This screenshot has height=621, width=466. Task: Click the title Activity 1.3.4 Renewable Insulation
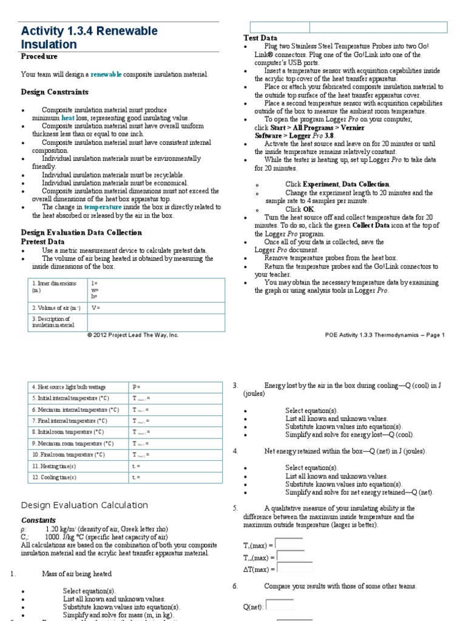(89, 38)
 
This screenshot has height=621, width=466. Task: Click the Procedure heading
(39, 56)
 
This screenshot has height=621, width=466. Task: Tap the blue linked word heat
(68, 118)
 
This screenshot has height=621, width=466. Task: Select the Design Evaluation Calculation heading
(84, 505)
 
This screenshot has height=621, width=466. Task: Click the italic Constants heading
(38, 520)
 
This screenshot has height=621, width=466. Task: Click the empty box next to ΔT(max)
(294, 568)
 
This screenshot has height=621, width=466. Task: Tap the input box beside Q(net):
(280, 605)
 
